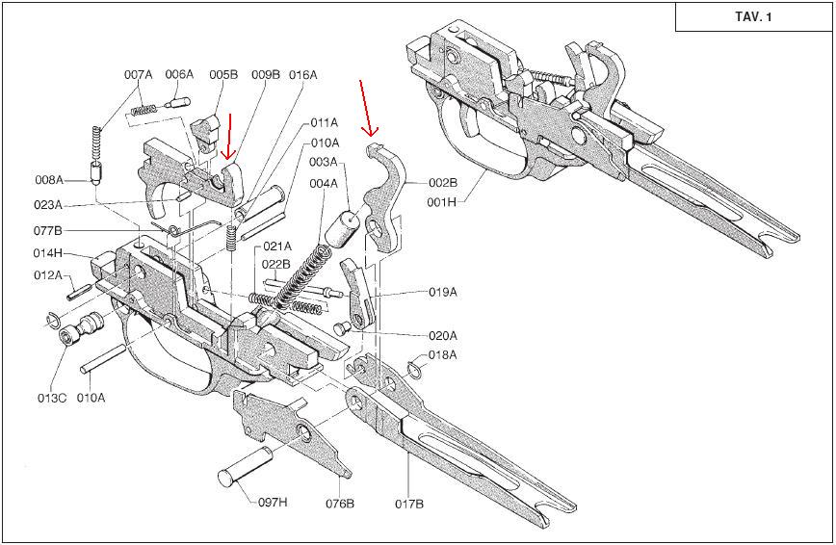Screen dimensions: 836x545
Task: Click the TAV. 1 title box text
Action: pyautogui.click(x=753, y=17)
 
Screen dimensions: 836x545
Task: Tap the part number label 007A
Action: pyautogui.click(x=138, y=75)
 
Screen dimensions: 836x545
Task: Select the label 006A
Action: pyautogui.click(x=179, y=75)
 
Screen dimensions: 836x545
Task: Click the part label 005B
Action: pyautogui.click(x=223, y=75)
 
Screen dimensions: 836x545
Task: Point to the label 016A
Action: pyautogui.click(x=302, y=75)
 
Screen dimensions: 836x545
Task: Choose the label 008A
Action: pyautogui.click(x=49, y=180)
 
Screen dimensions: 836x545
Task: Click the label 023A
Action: pyautogui.click(x=48, y=205)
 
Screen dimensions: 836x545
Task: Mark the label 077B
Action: pyautogui.click(x=48, y=230)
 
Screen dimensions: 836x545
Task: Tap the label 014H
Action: pyautogui.click(x=48, y=253)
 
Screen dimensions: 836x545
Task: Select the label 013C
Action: pyautogui.click(x=52, y=398)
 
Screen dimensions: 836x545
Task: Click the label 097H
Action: pyautogui.click(x=273, y=502)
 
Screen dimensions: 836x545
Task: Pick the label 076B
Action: pyautogui.click(x=340, y=504)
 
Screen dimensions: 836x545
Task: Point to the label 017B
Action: pyautogui.click(x=409, y=504)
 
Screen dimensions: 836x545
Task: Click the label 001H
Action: pyautogui.click(x=442, y=202)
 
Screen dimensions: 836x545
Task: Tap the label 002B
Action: pyautogui.click(x=443, y=182)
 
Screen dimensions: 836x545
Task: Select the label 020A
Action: pyautogui.click(x=443, y=335)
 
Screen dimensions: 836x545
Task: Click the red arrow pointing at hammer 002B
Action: pyautogui.click(x=366, y=107)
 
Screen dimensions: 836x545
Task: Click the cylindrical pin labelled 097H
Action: pyautogui.click(x=246, y=467)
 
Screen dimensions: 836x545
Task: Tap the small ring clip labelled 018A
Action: pyautogui.click(x=415, y=371)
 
